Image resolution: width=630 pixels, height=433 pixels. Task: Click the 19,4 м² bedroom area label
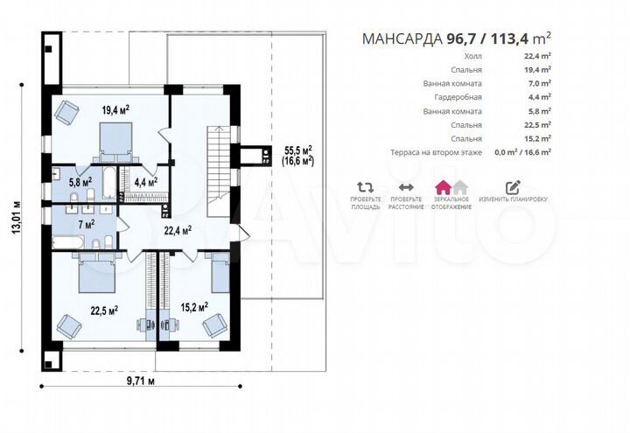click(115, 110)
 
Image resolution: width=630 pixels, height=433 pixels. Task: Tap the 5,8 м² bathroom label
click(80, 182)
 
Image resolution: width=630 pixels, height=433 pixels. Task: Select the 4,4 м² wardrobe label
click(146, 182)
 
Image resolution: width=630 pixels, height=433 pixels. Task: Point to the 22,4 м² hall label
click(178, 230)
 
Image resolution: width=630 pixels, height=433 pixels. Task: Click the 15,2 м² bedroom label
click(194, 308)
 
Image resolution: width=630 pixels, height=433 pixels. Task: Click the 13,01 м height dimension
click(17, 217)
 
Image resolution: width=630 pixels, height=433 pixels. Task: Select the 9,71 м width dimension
click(141, 381)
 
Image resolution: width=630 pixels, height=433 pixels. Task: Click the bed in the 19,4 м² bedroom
click(115, 141)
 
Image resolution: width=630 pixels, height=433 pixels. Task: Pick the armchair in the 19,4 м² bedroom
click(66, 112)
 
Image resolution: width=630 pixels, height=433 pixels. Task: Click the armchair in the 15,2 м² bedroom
click(214, 325)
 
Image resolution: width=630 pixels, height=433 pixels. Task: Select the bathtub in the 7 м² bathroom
click(68, 242)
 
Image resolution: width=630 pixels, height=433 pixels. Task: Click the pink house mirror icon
click(443, 187)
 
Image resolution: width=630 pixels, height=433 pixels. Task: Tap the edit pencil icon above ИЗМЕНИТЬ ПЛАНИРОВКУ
click(513, 187)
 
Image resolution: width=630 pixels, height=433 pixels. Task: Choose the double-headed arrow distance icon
click(406, 187)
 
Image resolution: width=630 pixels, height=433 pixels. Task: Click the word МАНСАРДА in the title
click(403, 39)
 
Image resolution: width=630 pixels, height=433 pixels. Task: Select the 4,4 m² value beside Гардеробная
click(538, 97)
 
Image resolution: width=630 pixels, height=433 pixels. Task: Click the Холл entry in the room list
click(472, 56)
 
